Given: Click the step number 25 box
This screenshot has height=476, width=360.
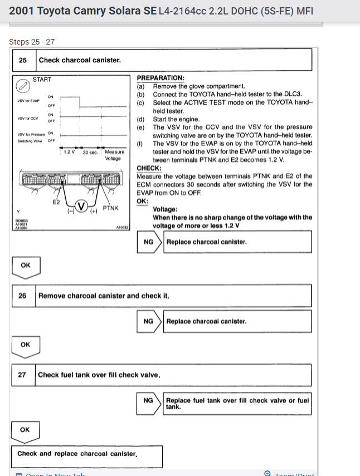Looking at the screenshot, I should click(x=23, y=60).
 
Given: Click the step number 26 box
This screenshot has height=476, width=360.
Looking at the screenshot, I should click(x=23, y=296).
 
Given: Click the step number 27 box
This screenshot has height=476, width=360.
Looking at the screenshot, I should click(x=23, y=375).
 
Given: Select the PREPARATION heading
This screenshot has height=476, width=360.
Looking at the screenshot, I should click(x=160, y=78).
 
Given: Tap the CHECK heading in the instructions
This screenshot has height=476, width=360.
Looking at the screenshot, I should click(x=149, y=168).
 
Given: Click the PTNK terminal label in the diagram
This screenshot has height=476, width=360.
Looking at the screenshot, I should click(x=111, y=208).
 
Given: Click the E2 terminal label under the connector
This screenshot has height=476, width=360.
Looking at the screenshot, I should click(x=56, y=202).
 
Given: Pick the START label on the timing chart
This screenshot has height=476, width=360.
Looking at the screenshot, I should click(x=42, y=80).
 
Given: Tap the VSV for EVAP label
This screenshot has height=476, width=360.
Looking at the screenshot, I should click(x=28, y=101).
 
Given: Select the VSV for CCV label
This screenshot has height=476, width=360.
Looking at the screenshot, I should click(x=28, y=117).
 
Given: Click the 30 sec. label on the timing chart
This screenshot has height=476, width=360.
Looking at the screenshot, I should click(x=91, y=152).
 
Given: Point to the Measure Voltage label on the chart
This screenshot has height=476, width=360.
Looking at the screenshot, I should click(x=114, y=155).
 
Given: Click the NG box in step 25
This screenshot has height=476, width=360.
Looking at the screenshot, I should click(x=149, y=242).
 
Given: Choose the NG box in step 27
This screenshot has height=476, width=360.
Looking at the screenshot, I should click(x=149, y=400).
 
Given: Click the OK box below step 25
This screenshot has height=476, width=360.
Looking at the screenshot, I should click(x=26, y=266).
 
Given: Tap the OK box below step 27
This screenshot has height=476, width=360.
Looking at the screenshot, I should click(x=25, y=430).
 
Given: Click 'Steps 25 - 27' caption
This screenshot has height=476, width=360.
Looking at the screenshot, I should click(x=32, y=42).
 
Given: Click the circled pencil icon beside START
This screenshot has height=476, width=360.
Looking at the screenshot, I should click(x=23, y=86).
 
